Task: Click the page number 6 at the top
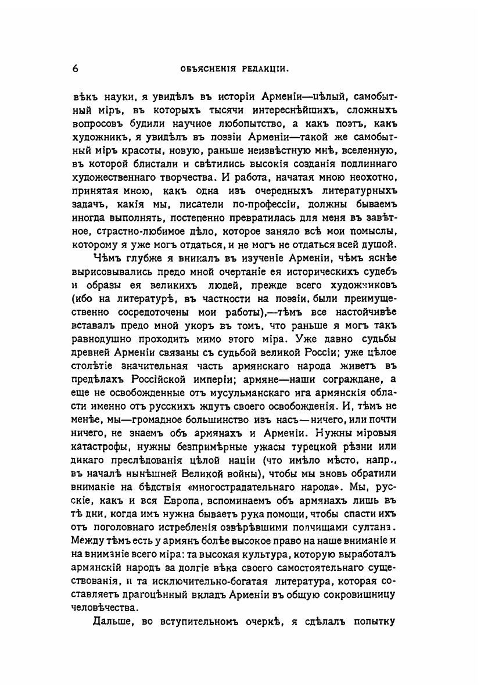click(x=76, y=68)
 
